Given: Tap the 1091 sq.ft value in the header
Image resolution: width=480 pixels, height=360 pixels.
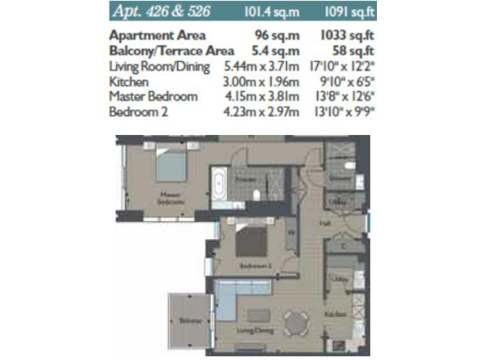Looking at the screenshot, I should [x=329, y=13].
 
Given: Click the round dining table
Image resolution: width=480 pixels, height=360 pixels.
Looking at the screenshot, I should [x=296, y=322].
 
